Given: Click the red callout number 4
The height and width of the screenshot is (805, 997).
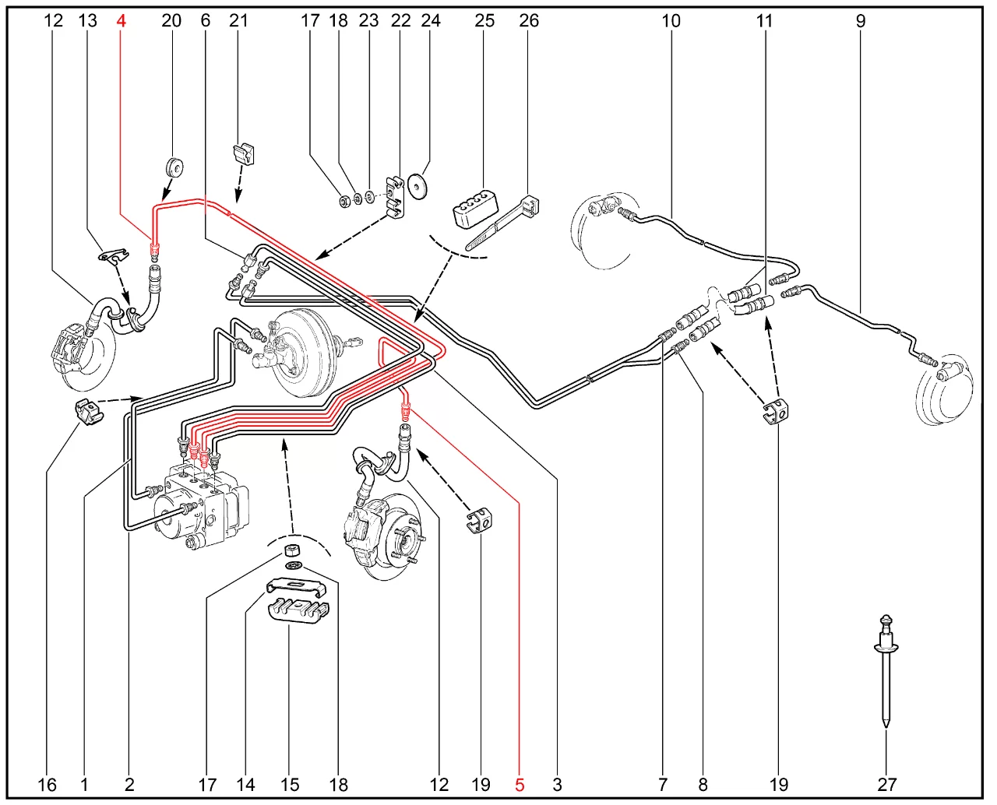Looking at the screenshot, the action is [x=122, y=20].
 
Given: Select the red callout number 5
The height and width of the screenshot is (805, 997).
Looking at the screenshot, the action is [x=520, y=785].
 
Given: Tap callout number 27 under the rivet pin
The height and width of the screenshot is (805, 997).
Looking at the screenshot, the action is [x=887, y=785].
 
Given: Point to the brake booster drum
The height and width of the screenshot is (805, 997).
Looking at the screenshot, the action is [x=305, y=354].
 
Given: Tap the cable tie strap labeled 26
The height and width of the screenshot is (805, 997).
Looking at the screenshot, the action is [x=503, y=223].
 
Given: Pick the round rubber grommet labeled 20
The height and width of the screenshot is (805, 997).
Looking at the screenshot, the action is [x=174, y=167].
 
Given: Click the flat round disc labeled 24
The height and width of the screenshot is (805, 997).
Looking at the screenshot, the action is [x=417, y=187].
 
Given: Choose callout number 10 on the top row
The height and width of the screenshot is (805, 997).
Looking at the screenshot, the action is [x=671, y=20].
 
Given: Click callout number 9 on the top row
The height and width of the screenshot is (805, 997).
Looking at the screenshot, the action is [x=861, y=20].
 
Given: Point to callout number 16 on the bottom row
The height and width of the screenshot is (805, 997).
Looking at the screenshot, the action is [x=47, y=785].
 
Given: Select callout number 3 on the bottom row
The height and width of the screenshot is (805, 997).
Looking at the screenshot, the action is [x=557, y=785].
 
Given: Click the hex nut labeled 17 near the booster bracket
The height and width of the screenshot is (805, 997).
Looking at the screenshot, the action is [x=344, y=202].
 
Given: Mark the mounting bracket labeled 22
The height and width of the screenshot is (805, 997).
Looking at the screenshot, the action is [x=396, y=196].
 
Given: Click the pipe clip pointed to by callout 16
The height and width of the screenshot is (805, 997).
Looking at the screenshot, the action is [x=89, y=411].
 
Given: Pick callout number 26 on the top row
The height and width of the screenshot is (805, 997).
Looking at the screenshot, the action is [x=529, y=20].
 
